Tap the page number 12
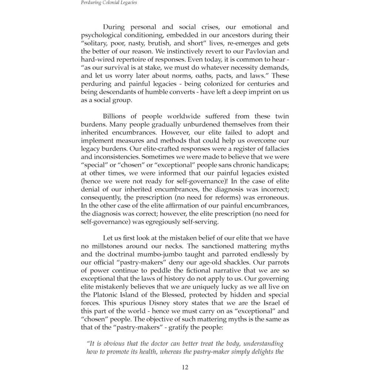pos(185,367)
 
